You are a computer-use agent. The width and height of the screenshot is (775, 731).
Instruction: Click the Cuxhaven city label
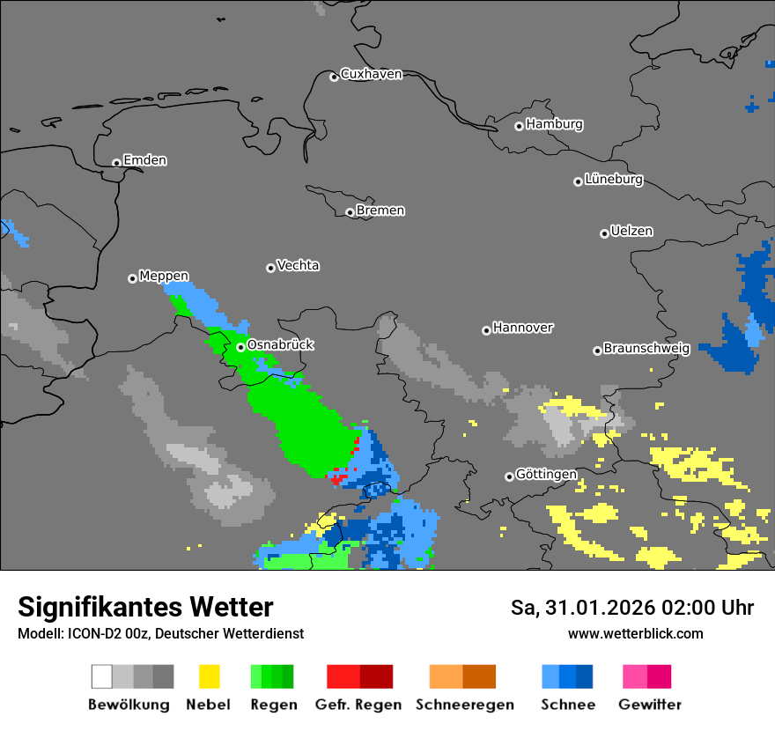click(371, 74)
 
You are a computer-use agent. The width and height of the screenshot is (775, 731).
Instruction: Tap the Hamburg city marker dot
click(520, 126)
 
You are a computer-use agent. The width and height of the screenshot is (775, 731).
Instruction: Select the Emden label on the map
click(144, 160)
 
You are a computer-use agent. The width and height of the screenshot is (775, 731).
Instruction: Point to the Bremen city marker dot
click(350, 212)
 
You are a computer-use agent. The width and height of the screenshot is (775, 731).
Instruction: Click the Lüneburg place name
click(614, 180)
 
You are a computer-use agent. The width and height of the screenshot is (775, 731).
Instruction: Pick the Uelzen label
click(631, 231)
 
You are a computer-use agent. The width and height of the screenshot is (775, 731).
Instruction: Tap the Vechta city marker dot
click(270, 268)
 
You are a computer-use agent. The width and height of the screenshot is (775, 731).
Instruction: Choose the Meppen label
click(164, 277)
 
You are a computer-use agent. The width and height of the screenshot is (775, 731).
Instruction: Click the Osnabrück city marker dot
click(240, 347)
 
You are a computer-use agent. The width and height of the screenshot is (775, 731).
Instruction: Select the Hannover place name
click(522, 328)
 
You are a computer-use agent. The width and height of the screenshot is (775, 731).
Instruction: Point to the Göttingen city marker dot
click(509, 476)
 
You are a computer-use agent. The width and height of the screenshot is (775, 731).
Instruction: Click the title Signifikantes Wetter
click(145, 608)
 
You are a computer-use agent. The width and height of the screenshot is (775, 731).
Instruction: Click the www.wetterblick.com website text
click(635, 633)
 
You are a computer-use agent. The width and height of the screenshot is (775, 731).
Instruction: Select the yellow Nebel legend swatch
click(209, 676)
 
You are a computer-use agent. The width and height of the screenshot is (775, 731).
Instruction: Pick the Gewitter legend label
click(650, 705)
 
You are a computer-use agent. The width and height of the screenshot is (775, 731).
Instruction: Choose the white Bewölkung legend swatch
click(102, 676)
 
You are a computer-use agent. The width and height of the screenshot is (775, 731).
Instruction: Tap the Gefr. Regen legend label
click(358, 705)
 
